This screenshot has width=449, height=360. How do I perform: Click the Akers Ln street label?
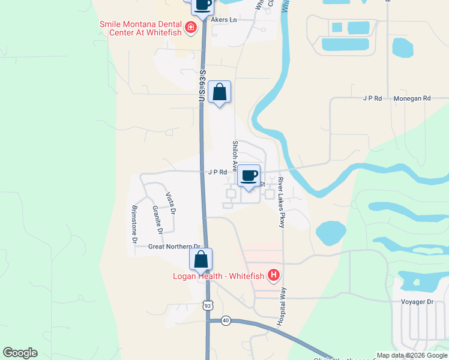point(225,20)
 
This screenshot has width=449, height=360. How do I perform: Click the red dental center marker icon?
point(191,27)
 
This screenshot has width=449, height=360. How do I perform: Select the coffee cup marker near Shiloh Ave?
point(249,176)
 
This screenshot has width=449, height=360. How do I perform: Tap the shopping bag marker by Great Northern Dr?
point(200,259)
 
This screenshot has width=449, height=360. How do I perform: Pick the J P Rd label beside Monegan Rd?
point(373,98)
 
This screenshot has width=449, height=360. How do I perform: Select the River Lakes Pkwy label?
point(280,202)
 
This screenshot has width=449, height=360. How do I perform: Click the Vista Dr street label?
point(170,203)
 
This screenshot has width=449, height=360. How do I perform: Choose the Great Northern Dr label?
point(174,247)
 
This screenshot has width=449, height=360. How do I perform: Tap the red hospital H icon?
point(274,275)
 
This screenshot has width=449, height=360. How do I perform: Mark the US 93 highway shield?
point(208,306)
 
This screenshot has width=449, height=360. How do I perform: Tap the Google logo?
point(20,353)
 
